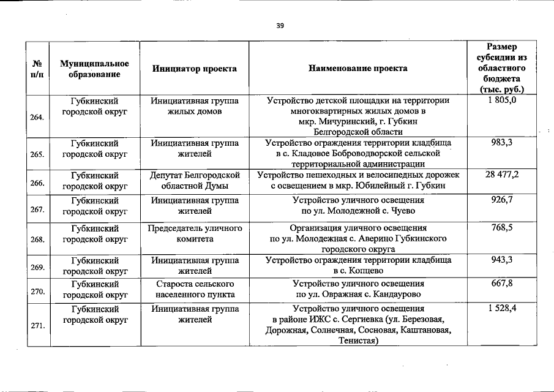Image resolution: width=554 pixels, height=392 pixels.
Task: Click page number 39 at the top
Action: click(x=280, y=26)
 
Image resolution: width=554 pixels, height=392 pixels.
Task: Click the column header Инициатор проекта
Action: click(x=194, y=69)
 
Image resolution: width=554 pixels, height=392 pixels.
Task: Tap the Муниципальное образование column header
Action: click(x=94, y=69)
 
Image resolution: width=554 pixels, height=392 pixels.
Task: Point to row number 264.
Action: click(x=37, y=116)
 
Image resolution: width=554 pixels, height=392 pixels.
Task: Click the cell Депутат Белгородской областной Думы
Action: click(x=195, y=180)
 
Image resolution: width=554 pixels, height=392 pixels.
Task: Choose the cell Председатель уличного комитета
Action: click(x=195, y=233)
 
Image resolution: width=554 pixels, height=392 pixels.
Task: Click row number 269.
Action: click(x=37, y=266)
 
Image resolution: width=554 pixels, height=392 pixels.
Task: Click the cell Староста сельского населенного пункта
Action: click(x=195, y=289)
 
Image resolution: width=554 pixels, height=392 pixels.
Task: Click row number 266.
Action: click(x=37, y=182)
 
